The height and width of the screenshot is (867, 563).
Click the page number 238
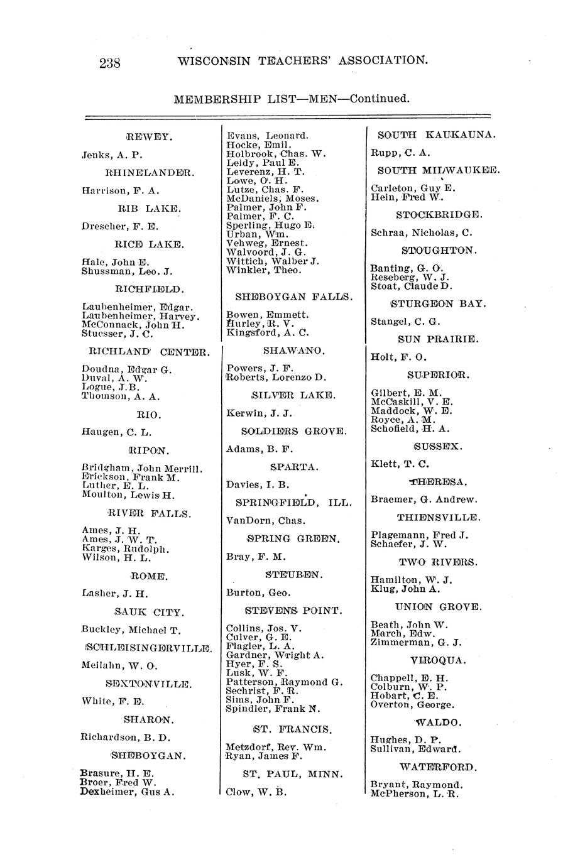[x=110, y=62]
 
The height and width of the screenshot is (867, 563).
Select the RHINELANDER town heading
[x=150, y=172]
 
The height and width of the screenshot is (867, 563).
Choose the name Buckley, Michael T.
[x=131, y=630]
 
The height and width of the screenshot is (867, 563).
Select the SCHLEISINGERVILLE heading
[x=149, y=648]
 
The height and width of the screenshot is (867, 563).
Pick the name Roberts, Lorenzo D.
[x=276, y=378]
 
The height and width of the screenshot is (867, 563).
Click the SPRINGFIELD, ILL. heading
[x=293, y=503]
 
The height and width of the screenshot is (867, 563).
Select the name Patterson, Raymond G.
[x=284, y=682]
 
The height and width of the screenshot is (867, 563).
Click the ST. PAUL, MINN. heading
[x=293, y=774]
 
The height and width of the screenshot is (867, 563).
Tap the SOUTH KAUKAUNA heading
[x=437, y=135]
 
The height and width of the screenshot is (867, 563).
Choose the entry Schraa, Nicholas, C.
[x=422, y=232]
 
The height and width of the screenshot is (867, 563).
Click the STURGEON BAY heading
[x=437, y=304]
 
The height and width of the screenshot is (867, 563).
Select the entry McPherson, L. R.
[x=415, y=793]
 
